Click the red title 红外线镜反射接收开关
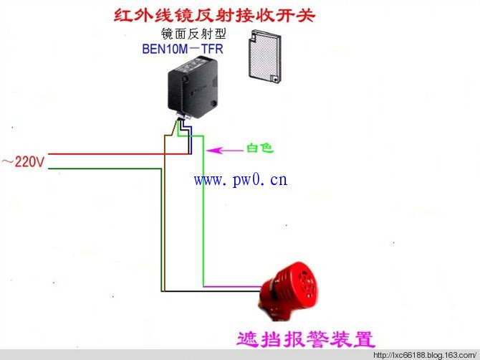214,14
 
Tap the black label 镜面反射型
193,34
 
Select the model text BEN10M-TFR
183,49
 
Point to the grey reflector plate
265,56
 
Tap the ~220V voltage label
23,161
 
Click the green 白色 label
259,148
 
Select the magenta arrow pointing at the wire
225,151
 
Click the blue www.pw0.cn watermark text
241,180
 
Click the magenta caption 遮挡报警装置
306,339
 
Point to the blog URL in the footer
425,356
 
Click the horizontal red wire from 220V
120,153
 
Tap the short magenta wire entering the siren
233,286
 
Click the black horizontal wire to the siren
211,291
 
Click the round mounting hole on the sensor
213,103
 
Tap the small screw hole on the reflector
275,79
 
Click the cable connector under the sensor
183,115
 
